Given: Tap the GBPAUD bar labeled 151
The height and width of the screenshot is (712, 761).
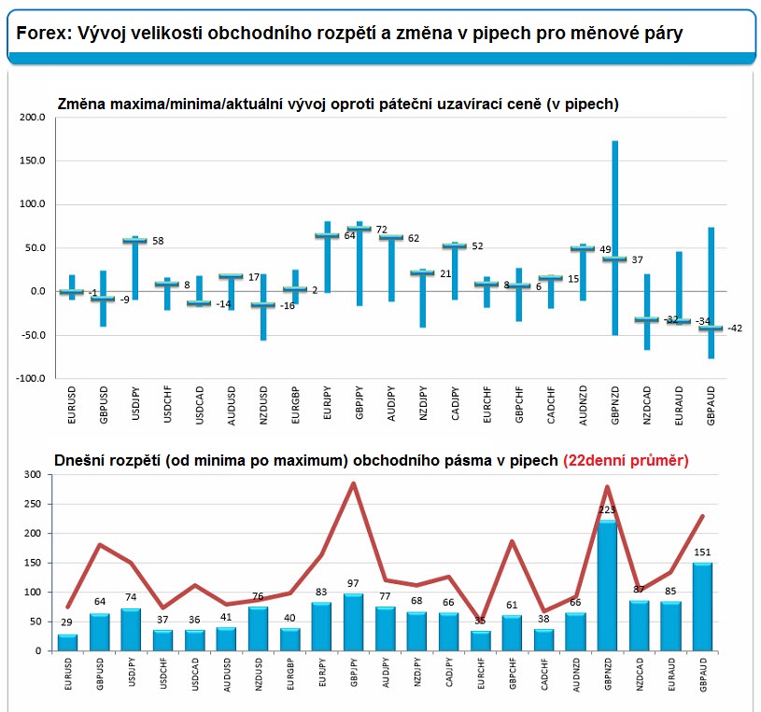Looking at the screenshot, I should pyautogui.click(x=703, y=607).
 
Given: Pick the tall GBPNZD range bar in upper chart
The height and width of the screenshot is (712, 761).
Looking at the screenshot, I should pyautogui.click(x=614, y=237).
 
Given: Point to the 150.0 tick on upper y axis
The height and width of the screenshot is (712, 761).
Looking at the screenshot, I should pyautogui.click(x=31, y=161).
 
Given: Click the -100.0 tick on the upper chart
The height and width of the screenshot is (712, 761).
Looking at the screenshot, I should pyautogui.click(x=29, y=379).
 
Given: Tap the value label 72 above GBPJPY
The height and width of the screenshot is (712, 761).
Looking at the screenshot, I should pyautogui.click(x=381, y=229).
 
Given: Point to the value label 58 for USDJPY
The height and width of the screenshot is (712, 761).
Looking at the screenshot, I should pyautogui.click(x=158, y=241).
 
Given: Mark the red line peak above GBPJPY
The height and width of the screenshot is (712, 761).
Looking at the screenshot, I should pyautogui.click(x=354, y=483).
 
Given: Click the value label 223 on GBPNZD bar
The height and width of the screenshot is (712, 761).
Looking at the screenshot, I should pyautogui.click(x=607, y=510).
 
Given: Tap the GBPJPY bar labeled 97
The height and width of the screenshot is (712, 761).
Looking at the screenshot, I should pyautogui.click(x=353, y=621).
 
